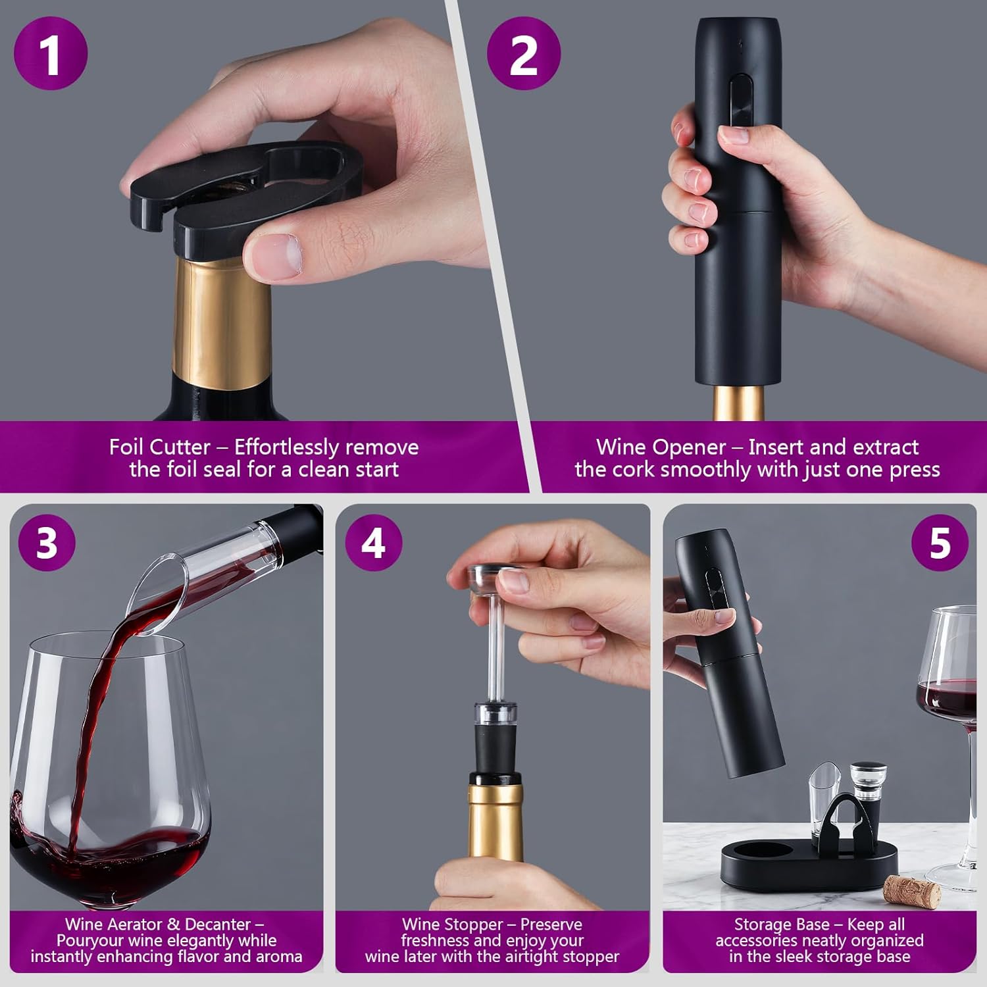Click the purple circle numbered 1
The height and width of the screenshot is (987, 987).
[x=51, y=53]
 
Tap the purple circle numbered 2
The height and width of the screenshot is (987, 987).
[x=523, y=53]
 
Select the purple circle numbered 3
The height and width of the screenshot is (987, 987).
[x=47, y=542]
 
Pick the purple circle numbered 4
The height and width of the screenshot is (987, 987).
[x=373, y=542]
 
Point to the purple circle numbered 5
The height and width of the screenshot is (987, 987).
[x=940, y=542]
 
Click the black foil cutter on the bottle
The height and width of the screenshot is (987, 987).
[x=243, y=191]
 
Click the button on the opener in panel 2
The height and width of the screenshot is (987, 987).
[x=742, y=99]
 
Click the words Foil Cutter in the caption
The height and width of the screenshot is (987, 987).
[x=159, y=447]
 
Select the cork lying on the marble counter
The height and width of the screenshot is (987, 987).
[x=912, y=891]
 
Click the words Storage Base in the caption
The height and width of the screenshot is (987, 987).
[x=781, y=924]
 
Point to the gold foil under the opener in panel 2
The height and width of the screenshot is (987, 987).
[x=739, y=403]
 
